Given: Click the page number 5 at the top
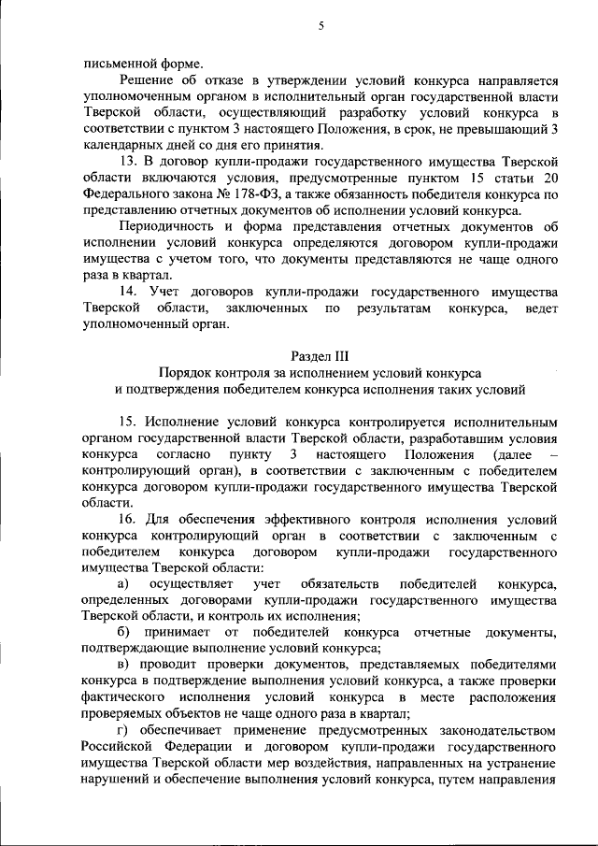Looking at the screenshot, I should pyautogui.click(x=320, y=26).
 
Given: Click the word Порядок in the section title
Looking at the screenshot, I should pyautogui.click(x=185, y=372).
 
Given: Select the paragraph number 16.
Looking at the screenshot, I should pyautogui.click(x=128, y=519).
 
